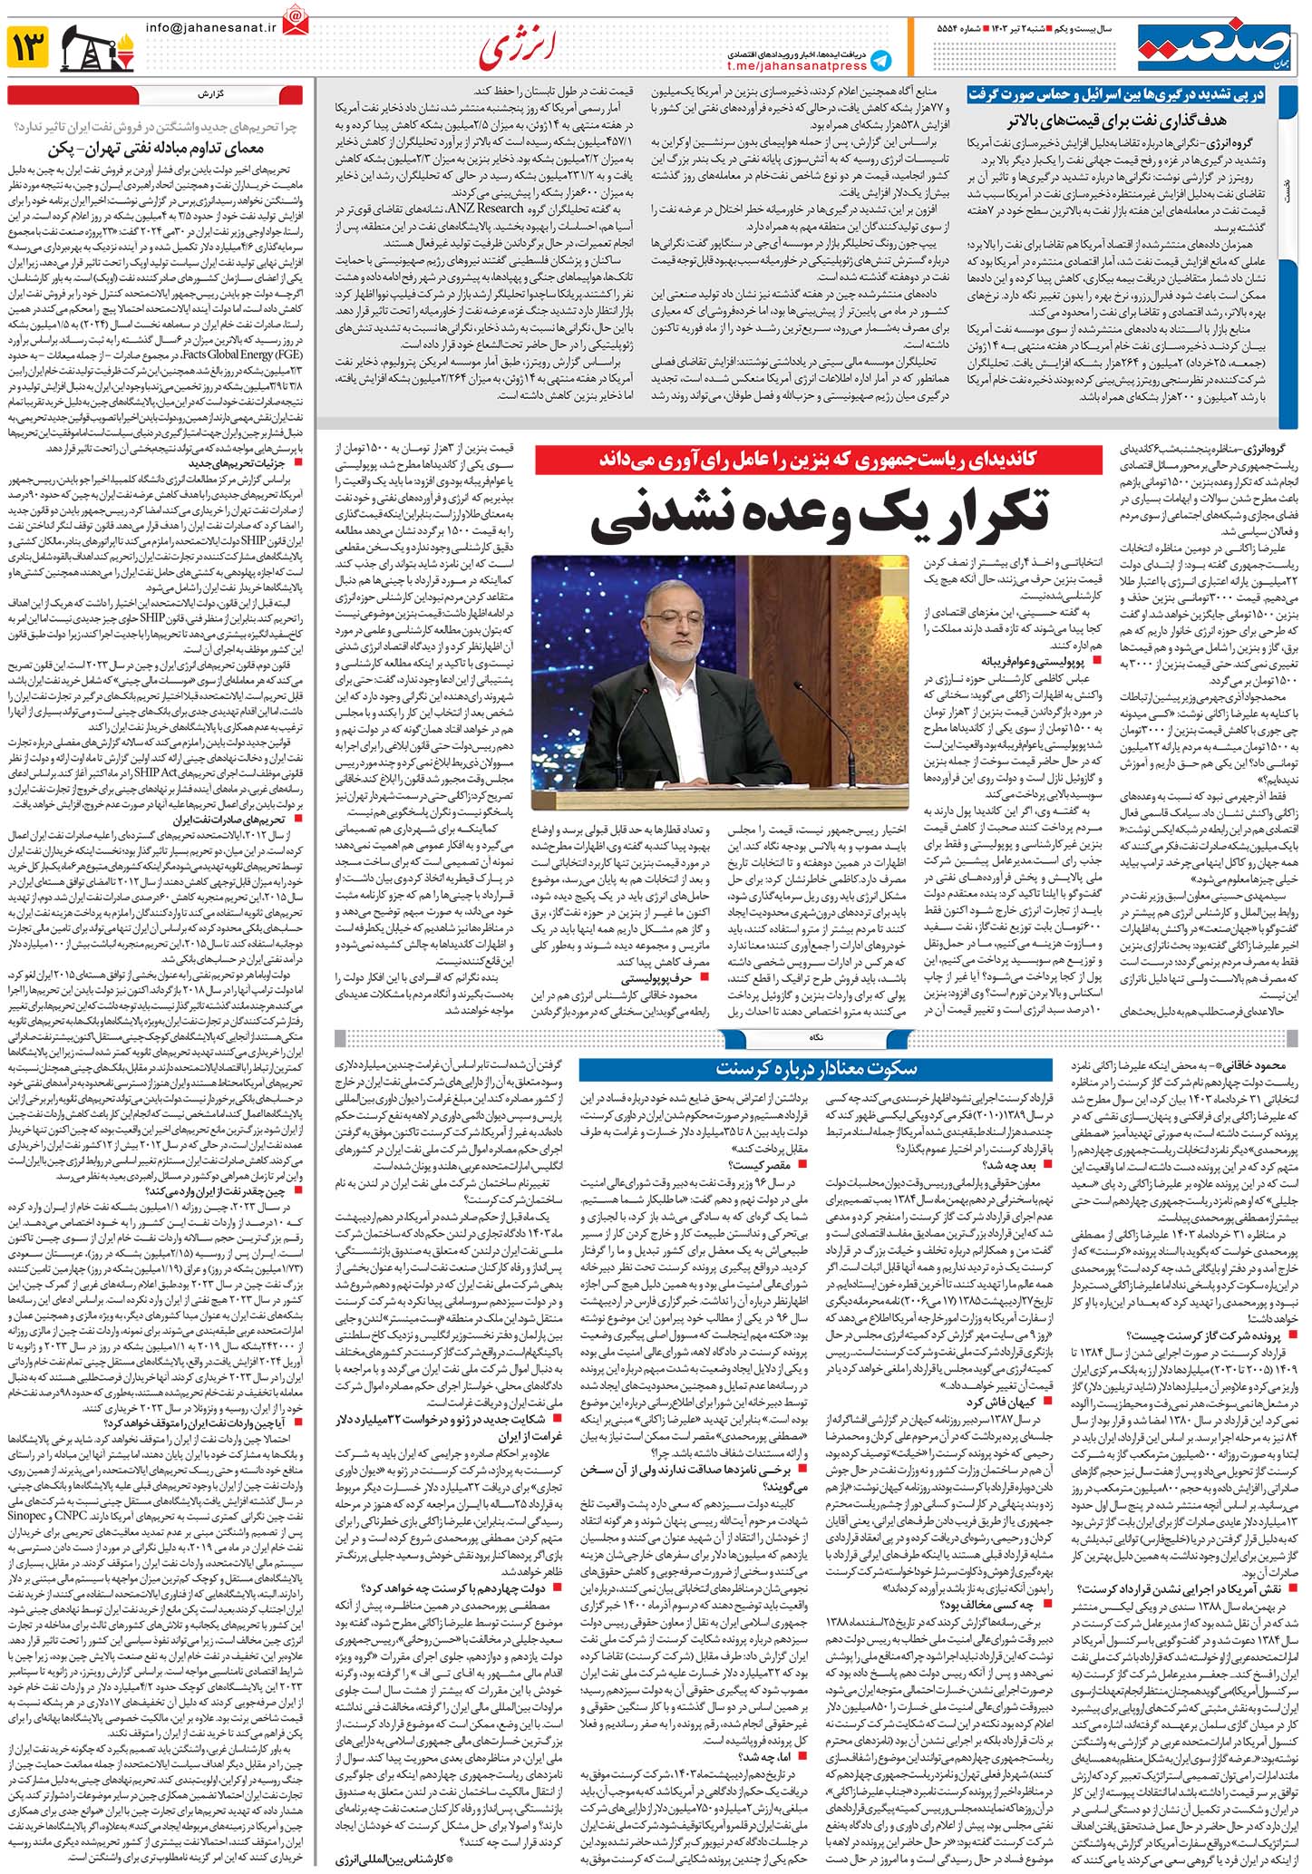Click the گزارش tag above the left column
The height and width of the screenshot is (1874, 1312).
(x=204, y=94)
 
